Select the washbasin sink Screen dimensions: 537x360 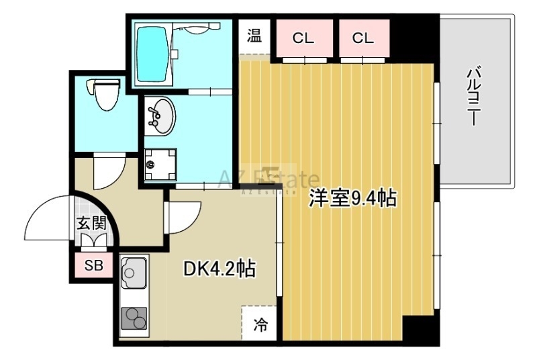click(x=160, y=116)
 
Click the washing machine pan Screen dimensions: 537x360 click(x=160, y=165)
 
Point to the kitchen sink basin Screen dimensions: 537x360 click(x=134, y=271)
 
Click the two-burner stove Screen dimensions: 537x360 click(x=134, y=318)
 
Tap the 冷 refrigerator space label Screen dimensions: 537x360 click(x=260, y=324)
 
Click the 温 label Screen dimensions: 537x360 click(x=254, y=36)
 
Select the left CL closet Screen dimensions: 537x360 click(x=304, y=38)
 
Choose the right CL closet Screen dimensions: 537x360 click(x=364, y=38)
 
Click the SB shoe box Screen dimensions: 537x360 click(x=94, y=265)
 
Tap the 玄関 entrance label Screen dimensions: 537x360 click(x=92, y=224)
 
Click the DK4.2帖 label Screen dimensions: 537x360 click(x=219, y=269)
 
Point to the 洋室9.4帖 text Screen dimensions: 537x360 click(x=353, y=198)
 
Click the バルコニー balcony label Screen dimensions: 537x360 click(x=473, y=97)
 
